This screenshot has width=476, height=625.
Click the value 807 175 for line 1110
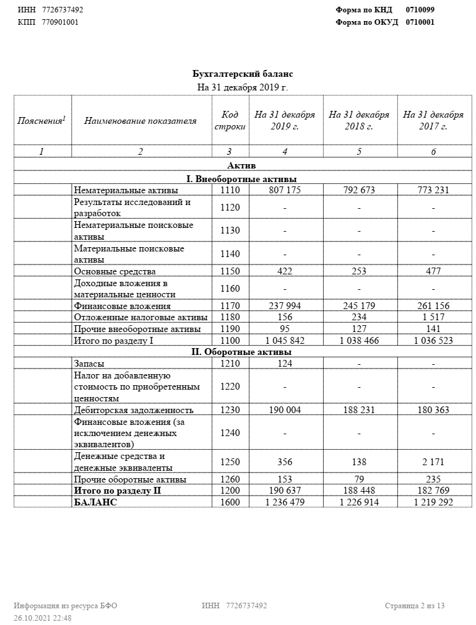point(285,190)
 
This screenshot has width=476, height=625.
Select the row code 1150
point(230,271)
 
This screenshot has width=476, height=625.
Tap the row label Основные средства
point(115,271)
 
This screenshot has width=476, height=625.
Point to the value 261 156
point(433,306)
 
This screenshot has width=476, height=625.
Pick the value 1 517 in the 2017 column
point(433,317)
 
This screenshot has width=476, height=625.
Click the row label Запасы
point(89,364)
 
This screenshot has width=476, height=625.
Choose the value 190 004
point(285,410)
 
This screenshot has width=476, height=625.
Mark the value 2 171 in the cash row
point(433,462)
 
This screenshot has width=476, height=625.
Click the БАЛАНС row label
point(95,502)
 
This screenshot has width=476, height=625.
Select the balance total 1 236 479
point(285,502)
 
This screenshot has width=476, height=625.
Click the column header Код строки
point(230,121)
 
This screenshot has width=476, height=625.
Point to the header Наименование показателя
point(141,121)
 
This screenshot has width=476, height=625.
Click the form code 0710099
point(420,10)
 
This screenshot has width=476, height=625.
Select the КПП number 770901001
point(60,22)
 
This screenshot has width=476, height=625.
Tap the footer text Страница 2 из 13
point(415,606)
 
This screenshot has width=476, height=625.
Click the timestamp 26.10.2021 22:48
point(43,618)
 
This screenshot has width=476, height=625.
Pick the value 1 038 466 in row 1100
point(359,341)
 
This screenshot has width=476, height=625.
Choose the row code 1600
point(230,502)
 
